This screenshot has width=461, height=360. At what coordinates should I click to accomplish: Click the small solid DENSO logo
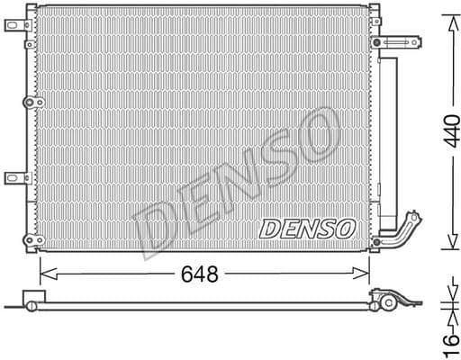(306, 229)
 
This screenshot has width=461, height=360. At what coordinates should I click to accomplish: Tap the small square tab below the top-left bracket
(29, 42)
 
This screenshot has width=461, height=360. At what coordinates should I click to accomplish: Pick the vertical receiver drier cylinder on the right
(388, 144)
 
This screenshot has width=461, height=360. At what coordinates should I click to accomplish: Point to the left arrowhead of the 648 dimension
(45, 273)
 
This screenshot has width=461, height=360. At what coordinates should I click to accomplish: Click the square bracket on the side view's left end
(32, 298)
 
